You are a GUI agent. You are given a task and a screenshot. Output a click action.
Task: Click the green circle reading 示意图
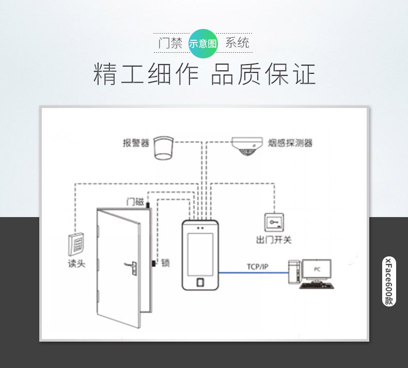coord(202,43)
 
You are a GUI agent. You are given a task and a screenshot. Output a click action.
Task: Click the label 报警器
coord(136,143)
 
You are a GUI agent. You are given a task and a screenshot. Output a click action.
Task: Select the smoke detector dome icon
coord(246,146)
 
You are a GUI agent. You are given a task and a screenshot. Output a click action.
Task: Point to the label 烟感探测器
coord(290,143)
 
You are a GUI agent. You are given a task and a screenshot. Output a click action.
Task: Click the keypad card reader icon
coord(76,244)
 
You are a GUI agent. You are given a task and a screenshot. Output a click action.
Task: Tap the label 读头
coord(76,264)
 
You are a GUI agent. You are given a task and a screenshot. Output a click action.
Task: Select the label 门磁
coord(135,202)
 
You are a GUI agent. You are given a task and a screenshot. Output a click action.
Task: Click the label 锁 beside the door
coord(165,263)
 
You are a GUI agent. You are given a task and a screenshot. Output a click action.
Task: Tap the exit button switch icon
coord(274,222)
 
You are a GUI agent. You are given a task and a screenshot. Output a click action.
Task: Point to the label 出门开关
coord(274,240)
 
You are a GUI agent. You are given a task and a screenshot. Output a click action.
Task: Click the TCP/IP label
coord(257,267)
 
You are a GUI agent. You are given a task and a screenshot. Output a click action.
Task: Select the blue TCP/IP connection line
coord(254,273)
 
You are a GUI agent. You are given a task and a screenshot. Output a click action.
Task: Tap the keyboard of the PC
coord(317,286)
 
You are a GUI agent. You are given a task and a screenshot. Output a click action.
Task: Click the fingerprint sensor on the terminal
coord(200,282)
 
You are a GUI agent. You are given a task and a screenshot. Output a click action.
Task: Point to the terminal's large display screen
coord(200,254)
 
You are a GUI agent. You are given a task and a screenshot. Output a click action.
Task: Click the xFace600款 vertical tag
coord(389,281)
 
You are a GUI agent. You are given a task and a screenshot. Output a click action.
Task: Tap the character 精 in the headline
coord(105,74)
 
